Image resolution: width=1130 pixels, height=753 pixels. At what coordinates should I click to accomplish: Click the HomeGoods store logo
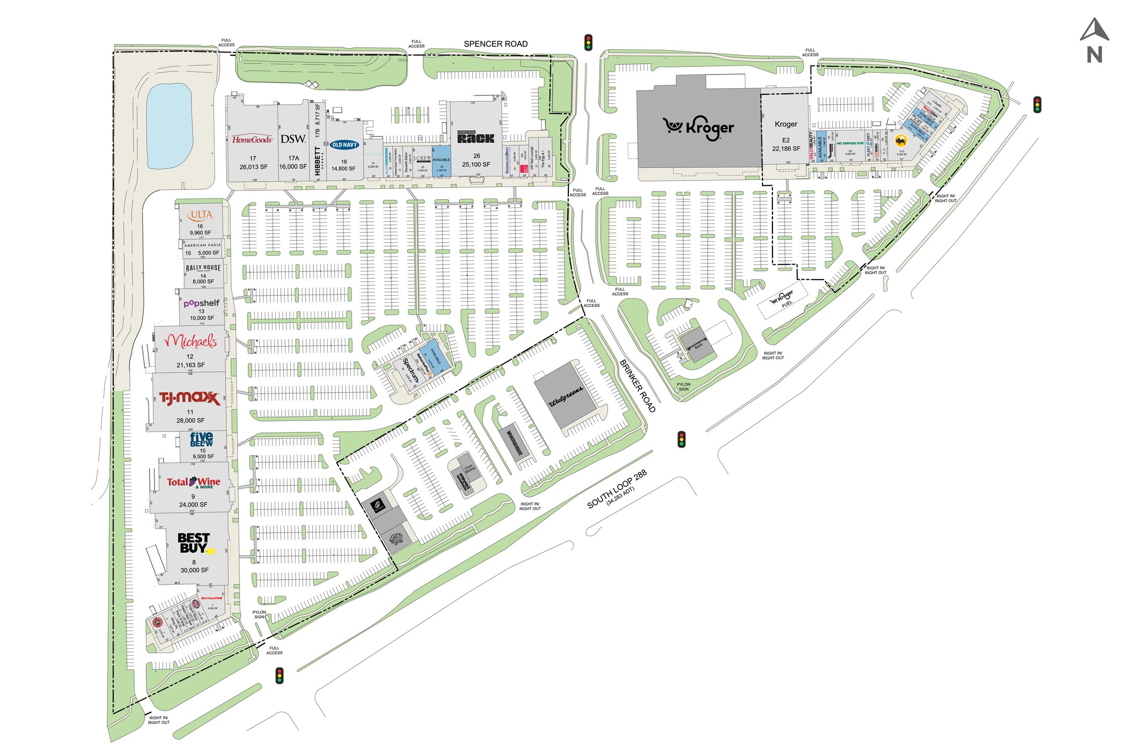[x=252, y=140]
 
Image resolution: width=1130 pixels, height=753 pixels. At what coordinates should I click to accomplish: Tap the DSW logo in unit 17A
[x=293, y=139]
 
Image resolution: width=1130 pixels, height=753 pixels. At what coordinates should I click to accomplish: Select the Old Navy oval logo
[x=344, y=145]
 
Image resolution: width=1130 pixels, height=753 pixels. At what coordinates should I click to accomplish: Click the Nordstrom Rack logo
[x=476, y=137]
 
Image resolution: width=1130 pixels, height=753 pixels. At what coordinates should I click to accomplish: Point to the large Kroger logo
[x=699, y=128]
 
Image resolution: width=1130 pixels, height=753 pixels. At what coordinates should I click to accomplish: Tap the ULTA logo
[x=200, y=215]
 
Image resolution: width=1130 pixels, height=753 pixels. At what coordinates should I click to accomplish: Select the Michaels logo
[x=191, y=342]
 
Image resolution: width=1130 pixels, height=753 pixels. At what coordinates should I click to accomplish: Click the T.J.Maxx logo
[x=189, y=398]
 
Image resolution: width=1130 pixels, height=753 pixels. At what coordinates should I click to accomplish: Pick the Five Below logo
[x=201, y=439]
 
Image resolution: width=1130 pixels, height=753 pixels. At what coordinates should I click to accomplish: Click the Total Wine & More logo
[x=194, y=483]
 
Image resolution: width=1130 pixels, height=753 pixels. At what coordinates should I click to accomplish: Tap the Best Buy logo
[x=194, y=543]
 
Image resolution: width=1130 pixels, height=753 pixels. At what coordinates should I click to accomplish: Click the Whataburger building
[x=515, y=442]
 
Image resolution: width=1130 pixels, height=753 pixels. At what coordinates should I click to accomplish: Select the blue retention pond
[x=169, y=126]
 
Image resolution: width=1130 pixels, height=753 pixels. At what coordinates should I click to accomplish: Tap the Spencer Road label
[x=495, y=44]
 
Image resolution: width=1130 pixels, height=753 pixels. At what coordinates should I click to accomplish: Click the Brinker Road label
[x=637, y=386]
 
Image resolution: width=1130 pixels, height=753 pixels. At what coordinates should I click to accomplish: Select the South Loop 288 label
[x=616, y=489]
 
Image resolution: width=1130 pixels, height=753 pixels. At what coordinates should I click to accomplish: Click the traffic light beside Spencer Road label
[x=589, y=42]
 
